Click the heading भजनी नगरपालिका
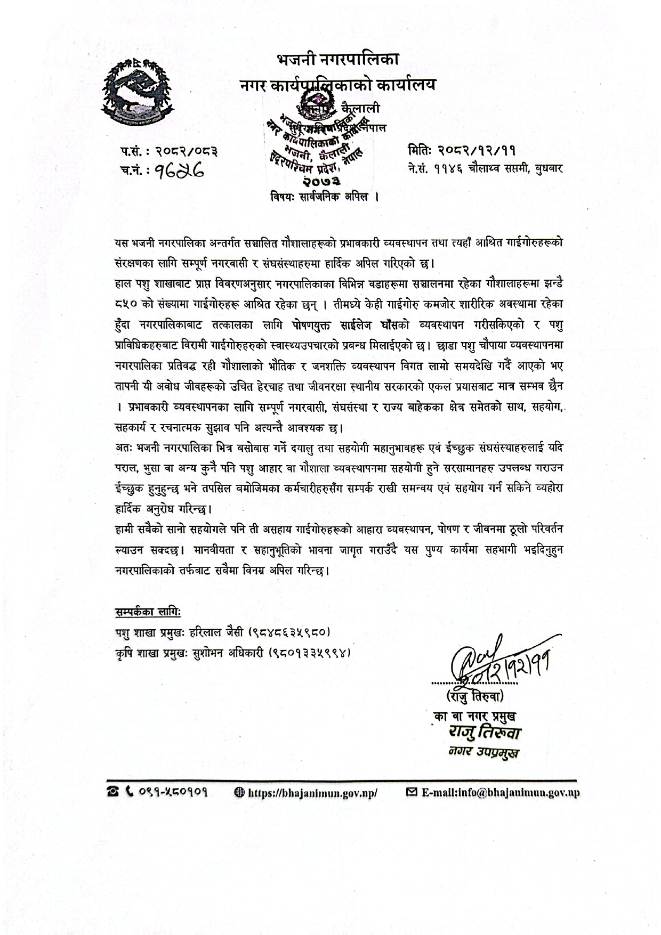point(337,59)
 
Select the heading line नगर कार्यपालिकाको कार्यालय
point(337,84)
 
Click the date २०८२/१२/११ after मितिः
point(476,151)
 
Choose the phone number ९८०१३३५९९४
point(309,652)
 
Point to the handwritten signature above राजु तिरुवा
point(496,661)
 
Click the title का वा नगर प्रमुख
point(474,716)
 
